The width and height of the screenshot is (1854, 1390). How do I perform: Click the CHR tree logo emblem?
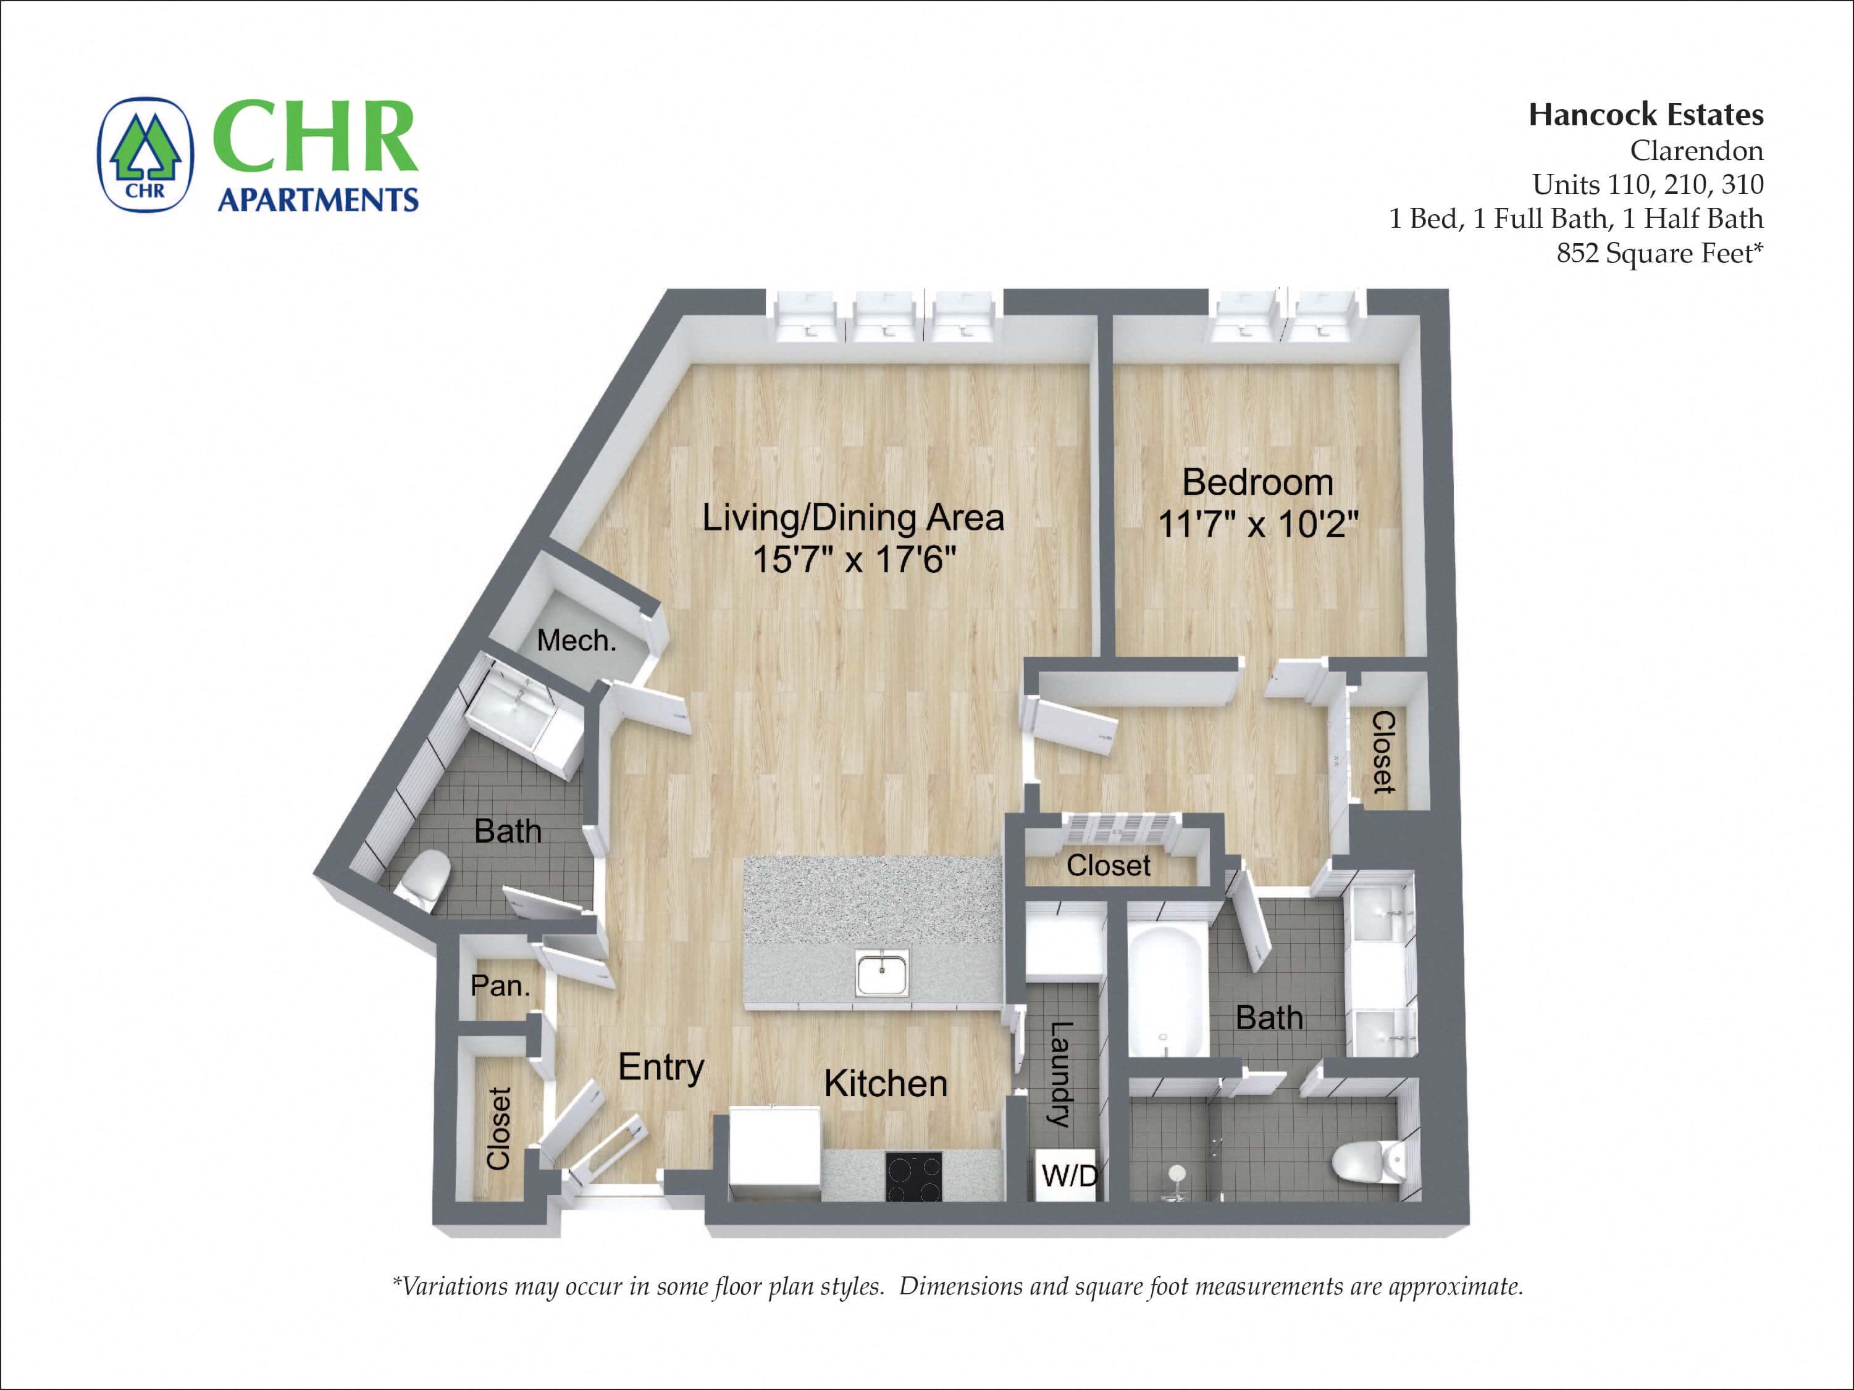[146, 154]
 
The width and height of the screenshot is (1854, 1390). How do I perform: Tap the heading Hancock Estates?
[1645, 115]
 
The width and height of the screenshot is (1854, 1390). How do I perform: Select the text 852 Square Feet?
[1659, 253]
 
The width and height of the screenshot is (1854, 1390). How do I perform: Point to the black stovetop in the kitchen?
[913, 1177]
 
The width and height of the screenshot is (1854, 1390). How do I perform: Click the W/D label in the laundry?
[1068, 1175]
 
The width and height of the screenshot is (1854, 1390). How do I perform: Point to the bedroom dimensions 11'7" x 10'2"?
[1257, 525]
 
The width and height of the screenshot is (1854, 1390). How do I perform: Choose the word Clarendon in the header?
[1696, 151]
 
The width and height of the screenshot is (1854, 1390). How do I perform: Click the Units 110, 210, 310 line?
[1647, 185]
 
